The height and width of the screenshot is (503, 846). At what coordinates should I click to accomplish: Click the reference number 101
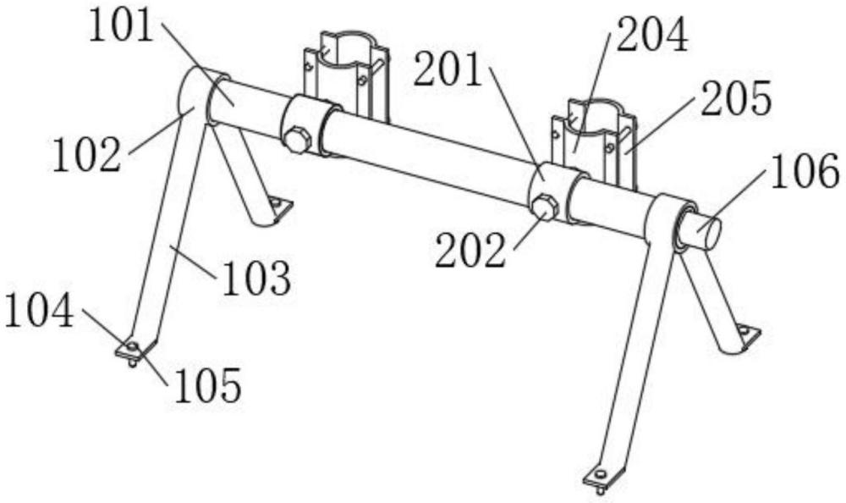coord(121,27)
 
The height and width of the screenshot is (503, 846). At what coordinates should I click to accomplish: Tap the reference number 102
coord(87,155)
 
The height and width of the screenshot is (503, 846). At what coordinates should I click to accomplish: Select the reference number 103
coord(256,278)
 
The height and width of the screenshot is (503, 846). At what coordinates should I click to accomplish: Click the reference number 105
coord(208,386)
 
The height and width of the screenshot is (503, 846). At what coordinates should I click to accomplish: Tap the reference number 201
coord(448,74)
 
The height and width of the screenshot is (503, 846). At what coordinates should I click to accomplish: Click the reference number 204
coord(651,36)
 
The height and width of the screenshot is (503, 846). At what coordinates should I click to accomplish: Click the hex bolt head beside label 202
coord(544,206)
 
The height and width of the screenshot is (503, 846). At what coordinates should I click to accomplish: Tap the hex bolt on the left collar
coord(297,139)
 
